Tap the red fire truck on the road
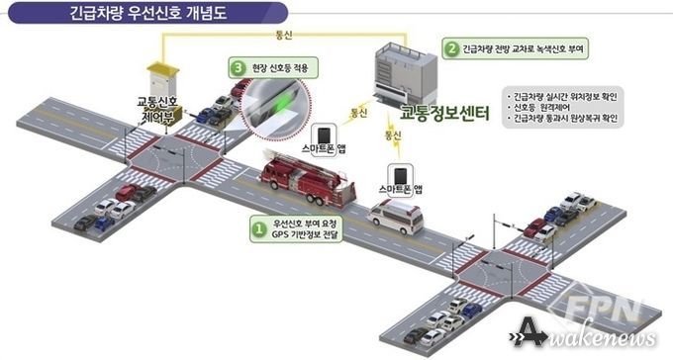306,176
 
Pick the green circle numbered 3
238,67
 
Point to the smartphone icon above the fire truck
325,136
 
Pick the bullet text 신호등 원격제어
545,106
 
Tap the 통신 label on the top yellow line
285,39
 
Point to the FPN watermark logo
618,303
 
